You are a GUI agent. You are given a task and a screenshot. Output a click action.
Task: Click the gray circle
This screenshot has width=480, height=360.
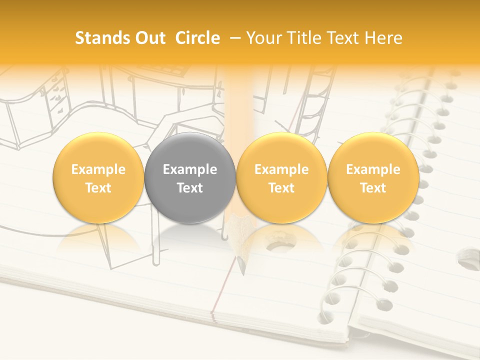coord(190,178)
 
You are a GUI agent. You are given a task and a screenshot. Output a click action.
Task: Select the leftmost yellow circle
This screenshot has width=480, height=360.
coord(98,178)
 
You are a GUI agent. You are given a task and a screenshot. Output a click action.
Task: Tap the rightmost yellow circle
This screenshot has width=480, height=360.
coord(373,178)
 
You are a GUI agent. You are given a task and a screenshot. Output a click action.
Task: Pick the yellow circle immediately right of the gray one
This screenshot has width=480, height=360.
coord(281,178)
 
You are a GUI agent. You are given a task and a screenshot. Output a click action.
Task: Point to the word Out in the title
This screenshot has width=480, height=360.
coord(149,38)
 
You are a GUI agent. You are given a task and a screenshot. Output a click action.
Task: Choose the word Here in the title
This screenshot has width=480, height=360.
coord(384,38)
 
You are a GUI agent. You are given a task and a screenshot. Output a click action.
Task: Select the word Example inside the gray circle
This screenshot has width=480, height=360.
coord(190,169)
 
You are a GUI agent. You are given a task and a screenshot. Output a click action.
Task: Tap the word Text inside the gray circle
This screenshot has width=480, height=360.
coord(190,188)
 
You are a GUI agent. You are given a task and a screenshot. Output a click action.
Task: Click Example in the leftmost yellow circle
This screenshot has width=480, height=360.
coord(98,169)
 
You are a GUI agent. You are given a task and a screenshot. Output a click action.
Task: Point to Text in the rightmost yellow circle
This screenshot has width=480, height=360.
coord(373,188)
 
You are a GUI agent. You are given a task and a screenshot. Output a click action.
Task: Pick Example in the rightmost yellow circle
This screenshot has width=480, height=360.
coord(373,169)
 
